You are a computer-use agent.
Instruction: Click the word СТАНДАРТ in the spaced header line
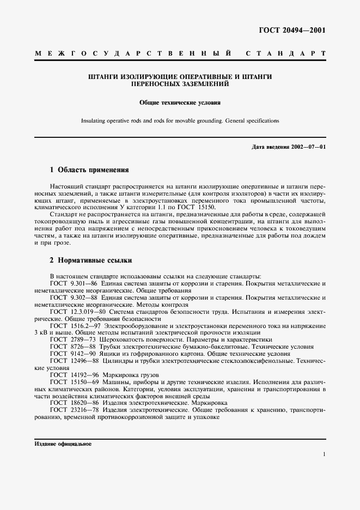click(x=286, y=54)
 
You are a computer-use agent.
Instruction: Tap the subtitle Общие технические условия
click(x=180, y=102)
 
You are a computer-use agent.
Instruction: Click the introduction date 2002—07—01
click(x=308, y=147)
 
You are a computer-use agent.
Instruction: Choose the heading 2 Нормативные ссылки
click(x=91, y=260)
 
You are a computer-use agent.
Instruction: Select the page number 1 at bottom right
click(x=324, y=454)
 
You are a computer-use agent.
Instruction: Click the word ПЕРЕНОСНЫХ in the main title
click(x=158, y=84)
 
